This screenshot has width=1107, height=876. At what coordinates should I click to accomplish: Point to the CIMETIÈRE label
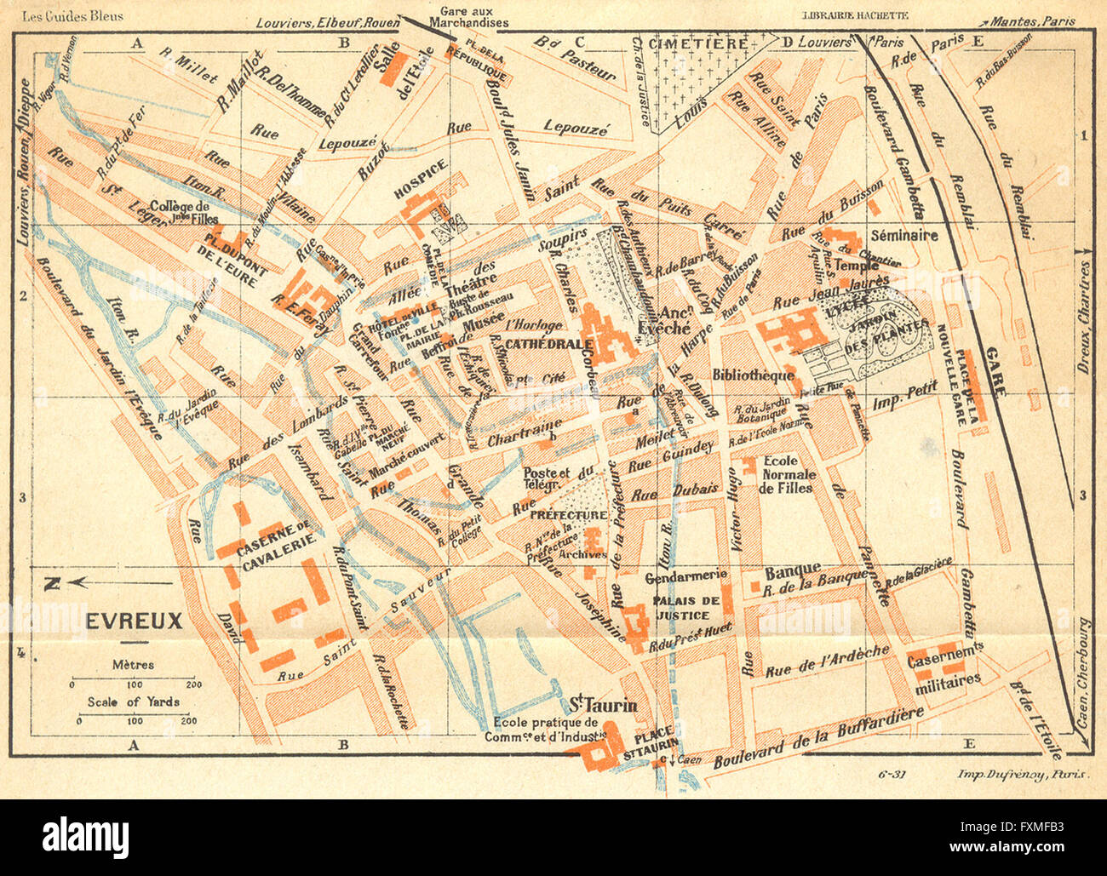(698, 43)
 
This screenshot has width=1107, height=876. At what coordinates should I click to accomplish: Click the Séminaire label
(904, 235)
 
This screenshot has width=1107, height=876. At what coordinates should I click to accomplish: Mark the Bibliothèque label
(753, 375)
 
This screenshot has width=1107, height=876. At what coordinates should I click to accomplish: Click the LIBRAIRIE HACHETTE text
(856, 15)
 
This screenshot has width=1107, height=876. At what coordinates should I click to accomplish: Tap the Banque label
(793, 569)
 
